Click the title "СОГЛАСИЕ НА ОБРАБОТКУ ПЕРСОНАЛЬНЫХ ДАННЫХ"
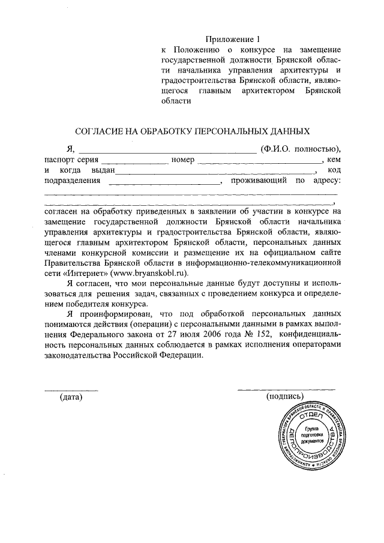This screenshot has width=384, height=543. click(x=192, y=130)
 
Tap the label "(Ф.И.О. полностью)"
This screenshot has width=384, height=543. click(x=300, y=148)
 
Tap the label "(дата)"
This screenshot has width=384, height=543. click(x=70, y=397)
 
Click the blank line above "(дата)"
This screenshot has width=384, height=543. click(x=71, y=389)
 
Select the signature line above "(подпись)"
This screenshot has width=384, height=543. click(x=286, y=389)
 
